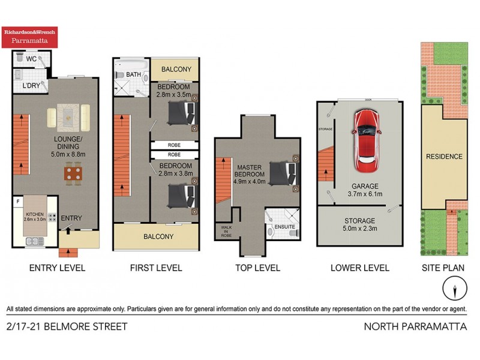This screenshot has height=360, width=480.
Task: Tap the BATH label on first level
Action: [x=133, y=74]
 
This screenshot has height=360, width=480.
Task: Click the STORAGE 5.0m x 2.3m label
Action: [x=360, y=224]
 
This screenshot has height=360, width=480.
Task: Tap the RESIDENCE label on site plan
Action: [x=444, y=157]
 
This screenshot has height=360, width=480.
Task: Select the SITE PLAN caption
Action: [x=444, y=268]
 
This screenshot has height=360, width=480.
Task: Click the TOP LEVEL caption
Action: [x=257, y=268]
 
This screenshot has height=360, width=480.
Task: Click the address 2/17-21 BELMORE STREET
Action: [x=67, y=327]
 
